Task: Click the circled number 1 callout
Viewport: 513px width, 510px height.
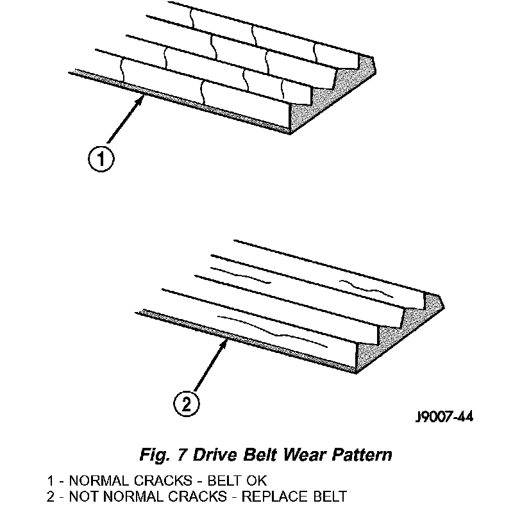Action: tap(100, 158)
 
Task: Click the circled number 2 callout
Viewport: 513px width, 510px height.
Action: tap(187, 404)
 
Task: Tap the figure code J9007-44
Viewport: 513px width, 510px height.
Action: tap(444, 418)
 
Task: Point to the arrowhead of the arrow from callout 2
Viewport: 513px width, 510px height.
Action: tap(225, 343)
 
